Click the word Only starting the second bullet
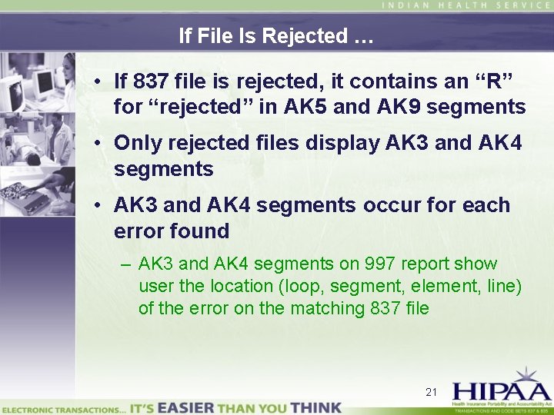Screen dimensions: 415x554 pos(138,143)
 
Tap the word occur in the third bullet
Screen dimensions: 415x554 pos(389,205)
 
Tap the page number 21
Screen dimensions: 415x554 pos(432,392)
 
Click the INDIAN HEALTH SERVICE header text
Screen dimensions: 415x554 pos(466,5)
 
